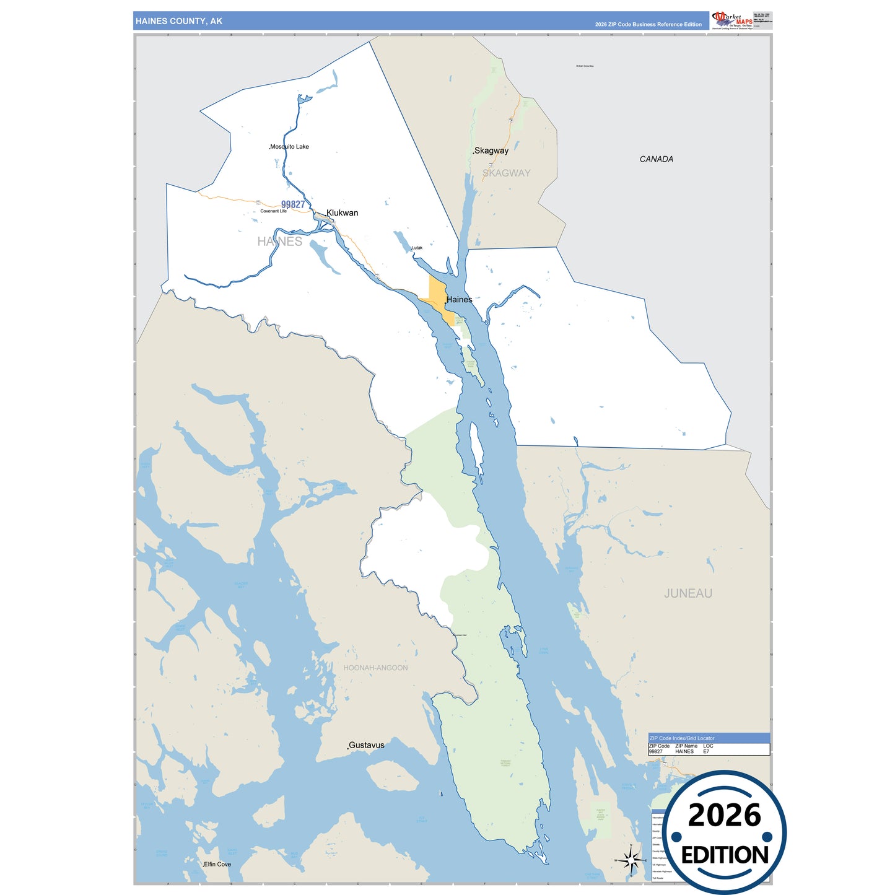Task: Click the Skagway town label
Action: coord(491,151)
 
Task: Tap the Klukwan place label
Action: coord(342,212)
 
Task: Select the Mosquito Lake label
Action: coord(289,147)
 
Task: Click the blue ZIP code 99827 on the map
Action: coord(293,204)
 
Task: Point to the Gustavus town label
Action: coord(366,745)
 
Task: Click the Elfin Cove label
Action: coord(217,864)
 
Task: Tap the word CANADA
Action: coord(656,159)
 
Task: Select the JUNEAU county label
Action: coord(688,593)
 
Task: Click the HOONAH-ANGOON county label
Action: coord(375,668)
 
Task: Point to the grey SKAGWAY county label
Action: coord(506,173)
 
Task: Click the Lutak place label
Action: coord(417,248)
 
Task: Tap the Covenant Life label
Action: coord(273,211)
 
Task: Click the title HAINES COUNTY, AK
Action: coord(179,21)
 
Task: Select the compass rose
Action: coord(631,860)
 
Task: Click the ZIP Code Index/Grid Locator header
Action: coord(682,738)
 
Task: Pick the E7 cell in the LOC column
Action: coord(706,751)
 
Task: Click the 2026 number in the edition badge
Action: coord(724,815)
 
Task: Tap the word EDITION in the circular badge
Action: coord(725,855)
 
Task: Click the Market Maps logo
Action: coord(732,20)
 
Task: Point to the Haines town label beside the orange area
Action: coord(459,300)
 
